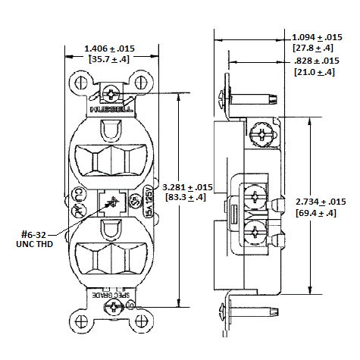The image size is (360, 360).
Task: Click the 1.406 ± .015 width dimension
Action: click(x=114, y=48)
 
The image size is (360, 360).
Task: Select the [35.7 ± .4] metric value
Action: click(x=114, y=58)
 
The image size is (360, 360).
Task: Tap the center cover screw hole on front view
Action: click(x=111, y=202)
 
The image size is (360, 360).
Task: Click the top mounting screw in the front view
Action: click(x=111, y=94)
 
